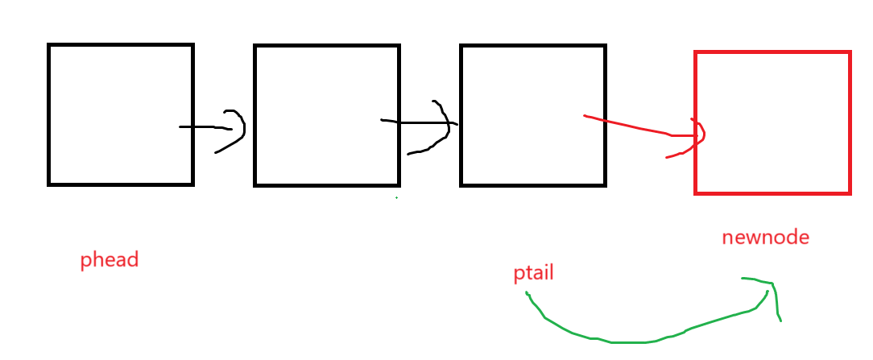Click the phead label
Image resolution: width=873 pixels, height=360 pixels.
(110, 260)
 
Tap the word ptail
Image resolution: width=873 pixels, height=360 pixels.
(533, 274)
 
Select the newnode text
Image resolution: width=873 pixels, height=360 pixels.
(765, 238)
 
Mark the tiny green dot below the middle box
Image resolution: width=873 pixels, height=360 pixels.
(396, 197)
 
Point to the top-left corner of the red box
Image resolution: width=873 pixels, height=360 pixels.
(696, 53)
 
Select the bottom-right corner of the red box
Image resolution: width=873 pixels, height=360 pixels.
(849, 192)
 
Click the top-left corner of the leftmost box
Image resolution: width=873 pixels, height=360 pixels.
(49, 46)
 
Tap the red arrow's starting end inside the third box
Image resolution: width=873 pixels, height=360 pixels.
(585, 116)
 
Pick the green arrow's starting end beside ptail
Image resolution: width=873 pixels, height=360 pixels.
(528, 293)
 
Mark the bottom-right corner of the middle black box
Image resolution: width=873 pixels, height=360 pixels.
(399, 185)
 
